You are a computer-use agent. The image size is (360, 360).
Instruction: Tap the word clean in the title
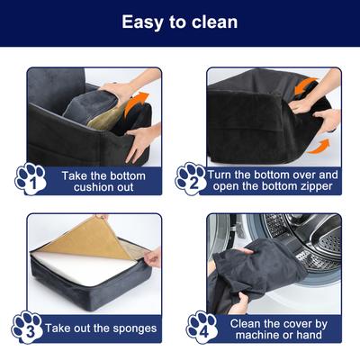(x=214, y=22)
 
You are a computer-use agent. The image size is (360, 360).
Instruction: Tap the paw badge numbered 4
(x=201, y=327)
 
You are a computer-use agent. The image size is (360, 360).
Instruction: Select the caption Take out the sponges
(x=102, y=328)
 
